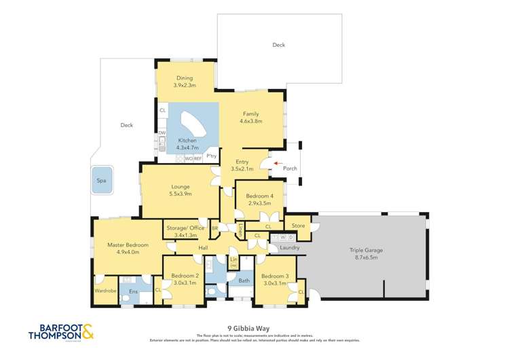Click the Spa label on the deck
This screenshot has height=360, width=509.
point(101,181)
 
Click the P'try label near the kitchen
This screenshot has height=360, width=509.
point(212,156)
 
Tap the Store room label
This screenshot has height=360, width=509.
point(298,225)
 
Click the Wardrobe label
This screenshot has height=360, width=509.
point(106,291)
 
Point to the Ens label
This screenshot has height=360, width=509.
point(134,292)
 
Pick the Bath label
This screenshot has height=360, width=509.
point(244,280)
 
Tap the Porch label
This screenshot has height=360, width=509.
point(290,168)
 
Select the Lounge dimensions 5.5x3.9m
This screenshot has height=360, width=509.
point(180,194)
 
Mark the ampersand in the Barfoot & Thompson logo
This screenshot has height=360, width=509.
point(89,333)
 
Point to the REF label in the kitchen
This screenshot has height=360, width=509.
point(197,158)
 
